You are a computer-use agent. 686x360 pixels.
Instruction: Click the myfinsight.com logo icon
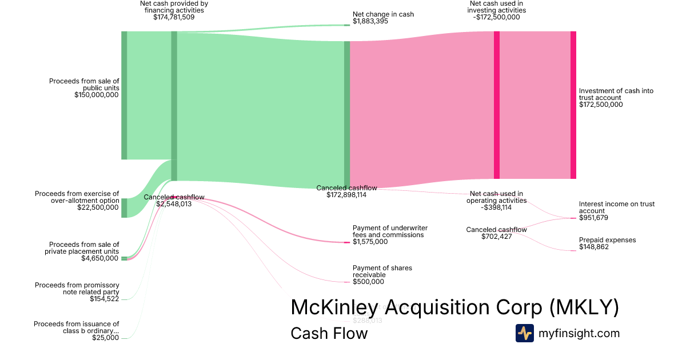525,333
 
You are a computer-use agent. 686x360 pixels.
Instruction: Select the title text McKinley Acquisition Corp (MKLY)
454,307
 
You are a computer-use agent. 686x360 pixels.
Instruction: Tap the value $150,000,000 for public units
97,95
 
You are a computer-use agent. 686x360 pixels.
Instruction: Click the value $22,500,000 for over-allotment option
98,207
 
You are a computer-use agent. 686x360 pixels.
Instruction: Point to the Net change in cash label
383,14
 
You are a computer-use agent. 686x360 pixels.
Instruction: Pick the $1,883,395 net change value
370,21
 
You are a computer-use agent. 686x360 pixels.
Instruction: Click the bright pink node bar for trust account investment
573,105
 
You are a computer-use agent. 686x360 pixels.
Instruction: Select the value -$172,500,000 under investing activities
496,17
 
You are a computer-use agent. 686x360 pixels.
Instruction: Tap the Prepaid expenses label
607,240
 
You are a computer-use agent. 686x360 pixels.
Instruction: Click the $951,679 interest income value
594,218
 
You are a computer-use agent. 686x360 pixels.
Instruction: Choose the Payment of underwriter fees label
390,231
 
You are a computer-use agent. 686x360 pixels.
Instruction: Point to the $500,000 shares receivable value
369,281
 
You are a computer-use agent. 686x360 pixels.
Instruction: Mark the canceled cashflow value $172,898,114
341,195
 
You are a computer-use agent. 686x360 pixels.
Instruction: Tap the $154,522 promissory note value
104,299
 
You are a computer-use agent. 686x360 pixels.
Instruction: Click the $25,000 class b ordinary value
106,338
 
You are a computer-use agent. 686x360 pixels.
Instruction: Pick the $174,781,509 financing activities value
174,17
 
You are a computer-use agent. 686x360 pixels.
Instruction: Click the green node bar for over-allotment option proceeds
124,208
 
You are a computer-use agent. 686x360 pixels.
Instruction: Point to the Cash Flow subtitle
329,333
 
